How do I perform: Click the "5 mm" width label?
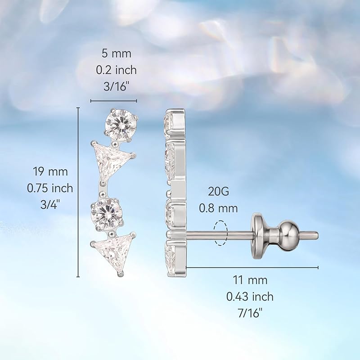click(x=116, y=54)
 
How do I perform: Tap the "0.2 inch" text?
click(x=116, y=70)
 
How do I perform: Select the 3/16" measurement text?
click(x=116, y=86)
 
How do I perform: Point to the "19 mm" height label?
click(x=50, y=171)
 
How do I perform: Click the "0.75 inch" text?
click(x=50, y=188)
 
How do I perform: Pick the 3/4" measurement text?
click(x=50, y=205)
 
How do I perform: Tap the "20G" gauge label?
click(x=219, y=191)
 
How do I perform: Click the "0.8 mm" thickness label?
click(x=219, y=208)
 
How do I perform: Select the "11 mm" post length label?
click(x=251, y=280)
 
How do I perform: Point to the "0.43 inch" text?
click(x=251, y=297)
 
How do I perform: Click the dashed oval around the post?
click(x=221, y=233)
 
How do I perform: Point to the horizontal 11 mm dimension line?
click(x=252, y=267)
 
